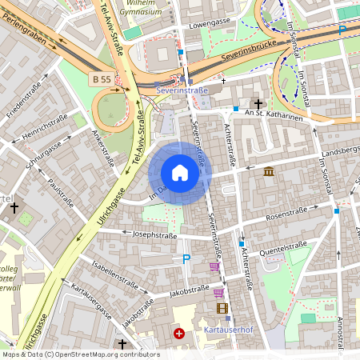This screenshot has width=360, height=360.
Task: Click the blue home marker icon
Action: pos(179,173)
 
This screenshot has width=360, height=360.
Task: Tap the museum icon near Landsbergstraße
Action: pos(268,171)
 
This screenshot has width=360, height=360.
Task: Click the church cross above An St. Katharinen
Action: pos(258,104)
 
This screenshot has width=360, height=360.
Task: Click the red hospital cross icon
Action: pos(179,334)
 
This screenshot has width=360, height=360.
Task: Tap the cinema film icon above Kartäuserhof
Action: pos(222,308)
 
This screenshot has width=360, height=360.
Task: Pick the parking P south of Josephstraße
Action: pos(186,258)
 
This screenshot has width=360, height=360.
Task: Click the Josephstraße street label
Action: pos(154,236)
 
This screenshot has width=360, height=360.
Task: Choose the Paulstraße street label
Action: pos(61,192)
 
